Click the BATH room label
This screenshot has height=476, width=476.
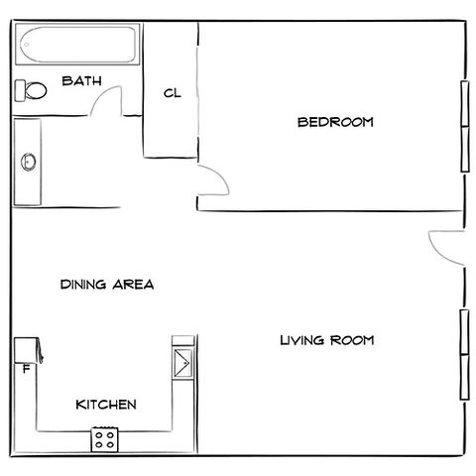[x=81, y=81]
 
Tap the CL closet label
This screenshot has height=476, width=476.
[x=173, y=93]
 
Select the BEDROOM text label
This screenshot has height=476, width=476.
[x=335, y=122]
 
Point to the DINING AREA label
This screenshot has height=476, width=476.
[x=107, y=285]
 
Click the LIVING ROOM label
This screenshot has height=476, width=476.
[x=327, y=340]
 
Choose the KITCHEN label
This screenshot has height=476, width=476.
[x=106, y=405]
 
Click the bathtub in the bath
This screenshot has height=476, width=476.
[x=77, y=45]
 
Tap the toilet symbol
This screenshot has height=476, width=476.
[x=31, y=90]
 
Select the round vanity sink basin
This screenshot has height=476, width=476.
[x=29, y=162]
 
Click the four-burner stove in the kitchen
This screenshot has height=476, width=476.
[x=105, y=439]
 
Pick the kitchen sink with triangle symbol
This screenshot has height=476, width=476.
[x=182, y=363]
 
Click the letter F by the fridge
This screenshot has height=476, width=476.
[x=26, y=369]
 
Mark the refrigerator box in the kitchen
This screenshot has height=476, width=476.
[x=26, y=350]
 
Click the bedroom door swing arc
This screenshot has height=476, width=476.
[x=221, y=176]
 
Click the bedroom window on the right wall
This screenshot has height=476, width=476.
[x=465, y=126]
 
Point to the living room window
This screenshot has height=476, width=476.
[x=465, y=355]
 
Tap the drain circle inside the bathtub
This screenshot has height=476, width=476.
[x=27, y=45]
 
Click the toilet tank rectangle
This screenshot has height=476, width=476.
[x=20, y=90]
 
